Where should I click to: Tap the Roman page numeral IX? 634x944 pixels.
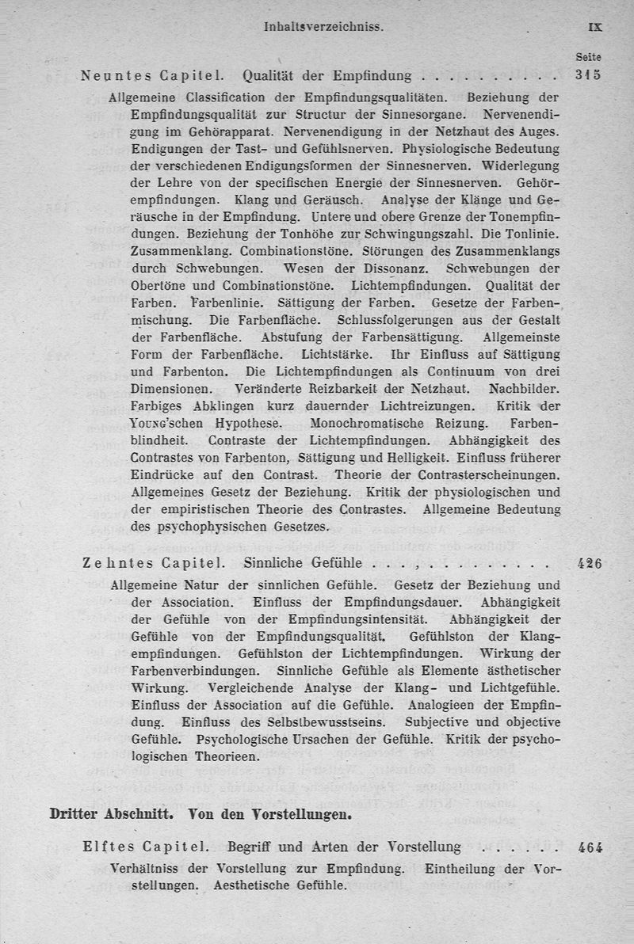[595, 26]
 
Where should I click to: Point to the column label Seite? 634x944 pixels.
[589, 57]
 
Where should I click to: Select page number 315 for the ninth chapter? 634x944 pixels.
[589, 76]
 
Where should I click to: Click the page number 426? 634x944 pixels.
[590, 564]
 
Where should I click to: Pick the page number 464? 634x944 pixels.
[590, 847]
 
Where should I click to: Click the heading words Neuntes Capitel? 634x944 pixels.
[151, 77]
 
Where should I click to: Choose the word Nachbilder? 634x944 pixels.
[525, 389]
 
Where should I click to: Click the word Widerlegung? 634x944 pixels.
[521, 167]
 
